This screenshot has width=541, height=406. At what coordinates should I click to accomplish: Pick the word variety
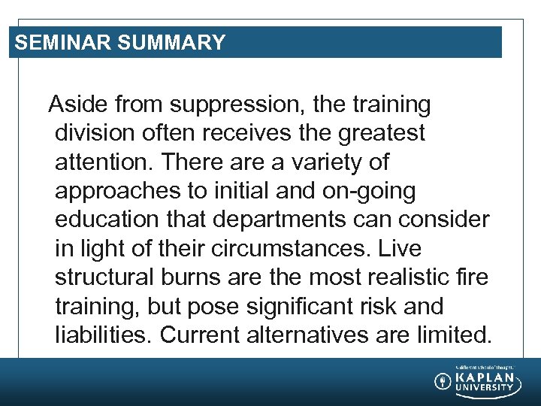pyautogui.click(x=347, y=162)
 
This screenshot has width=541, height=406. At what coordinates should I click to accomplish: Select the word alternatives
pyautogui.click(x=313, y=335)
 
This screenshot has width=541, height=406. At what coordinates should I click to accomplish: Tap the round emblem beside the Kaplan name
pyautogui.click(x=443, y=381)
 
